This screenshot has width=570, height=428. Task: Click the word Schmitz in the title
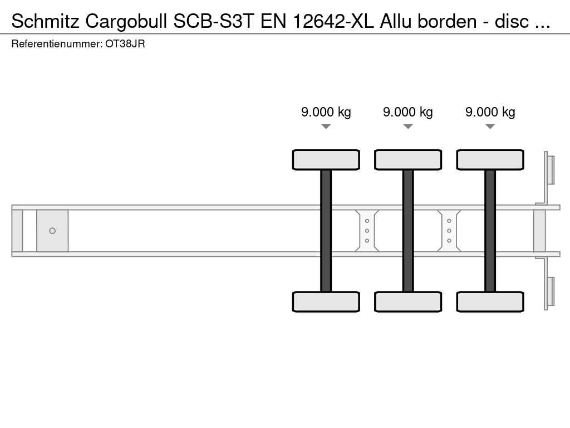click(46, 21)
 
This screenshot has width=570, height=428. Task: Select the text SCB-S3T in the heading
click(213, 21)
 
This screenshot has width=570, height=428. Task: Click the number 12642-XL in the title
click(333, 21)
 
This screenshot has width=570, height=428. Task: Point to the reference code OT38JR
click(125, 44)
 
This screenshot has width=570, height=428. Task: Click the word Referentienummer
click(57, 44)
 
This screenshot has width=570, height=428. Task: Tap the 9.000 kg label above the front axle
click(326, 112)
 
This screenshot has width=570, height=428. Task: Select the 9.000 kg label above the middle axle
click(408, 112)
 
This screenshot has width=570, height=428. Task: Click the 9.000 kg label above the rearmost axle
click(490, 112)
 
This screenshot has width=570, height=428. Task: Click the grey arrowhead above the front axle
click(326, 127)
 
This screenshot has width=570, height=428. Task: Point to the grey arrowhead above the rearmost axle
click(490, 127)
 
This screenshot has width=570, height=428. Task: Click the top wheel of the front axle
click(326, 159)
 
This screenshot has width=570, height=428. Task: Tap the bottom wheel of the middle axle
click(408, 301)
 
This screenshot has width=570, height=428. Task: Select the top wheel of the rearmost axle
click(490, 159)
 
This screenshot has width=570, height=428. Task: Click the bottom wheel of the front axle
click(326, 301)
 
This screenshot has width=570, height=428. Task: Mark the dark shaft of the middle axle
click(408, 231)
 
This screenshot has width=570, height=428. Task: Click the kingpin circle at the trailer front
click(52, 231)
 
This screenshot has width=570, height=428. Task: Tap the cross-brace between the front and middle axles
click(367, 231)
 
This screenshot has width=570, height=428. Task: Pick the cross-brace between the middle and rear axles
click(449, 231)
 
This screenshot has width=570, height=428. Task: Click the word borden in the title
click(447, 21)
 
